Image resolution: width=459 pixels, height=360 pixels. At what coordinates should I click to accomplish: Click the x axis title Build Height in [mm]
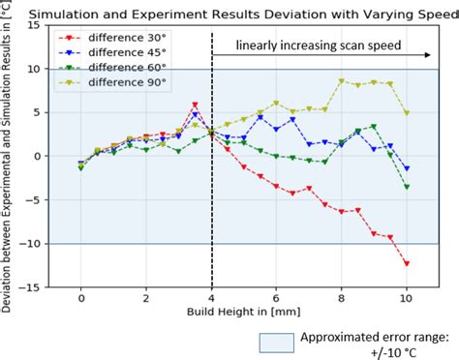(244, 315)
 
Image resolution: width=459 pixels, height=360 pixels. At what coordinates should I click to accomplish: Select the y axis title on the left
(9, 155)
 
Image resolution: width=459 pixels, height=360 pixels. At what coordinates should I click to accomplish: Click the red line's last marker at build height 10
(407, 263)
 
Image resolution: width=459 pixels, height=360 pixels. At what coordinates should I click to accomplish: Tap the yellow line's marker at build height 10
(407, 113)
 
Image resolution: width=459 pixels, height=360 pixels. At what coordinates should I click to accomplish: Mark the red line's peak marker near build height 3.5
(196, 105)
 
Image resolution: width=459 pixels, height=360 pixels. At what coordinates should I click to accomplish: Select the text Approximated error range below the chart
(373, 337)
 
